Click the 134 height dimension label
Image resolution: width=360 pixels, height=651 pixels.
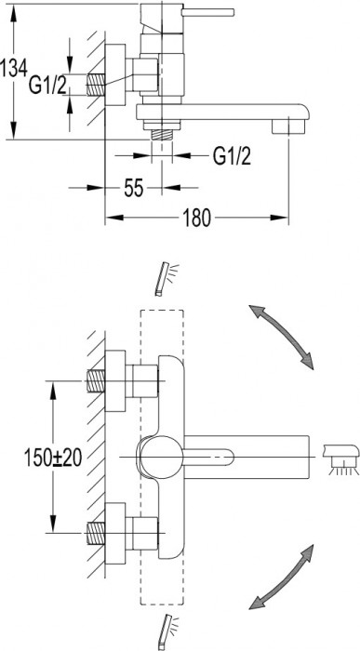(x=14, y=68)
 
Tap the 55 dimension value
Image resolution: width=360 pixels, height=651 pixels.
(x=134, y=188)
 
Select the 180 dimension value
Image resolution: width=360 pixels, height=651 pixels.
(x=197, y=218)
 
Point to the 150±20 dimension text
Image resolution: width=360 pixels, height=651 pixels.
(x=53, y=458)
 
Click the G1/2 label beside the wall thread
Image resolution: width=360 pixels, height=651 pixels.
(x=47, y=86)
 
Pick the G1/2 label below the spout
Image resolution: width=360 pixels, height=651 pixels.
(x=233, y=156)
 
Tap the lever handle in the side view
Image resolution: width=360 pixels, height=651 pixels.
(x=208, y=12)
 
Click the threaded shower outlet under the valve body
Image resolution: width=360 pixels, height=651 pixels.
(x=162, y=134)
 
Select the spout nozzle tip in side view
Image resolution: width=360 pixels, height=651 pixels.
(x=288, y=126)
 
